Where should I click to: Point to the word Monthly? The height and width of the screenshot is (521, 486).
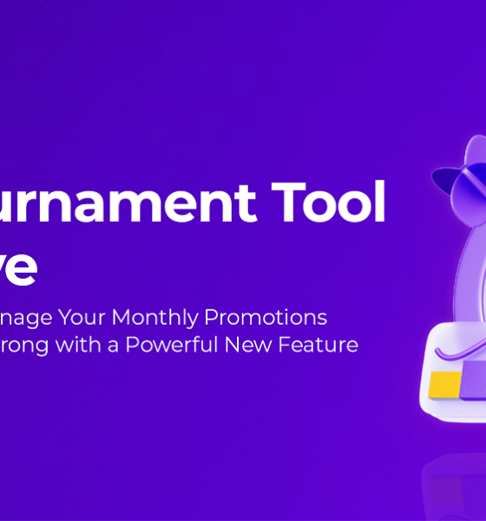tap(158, 318)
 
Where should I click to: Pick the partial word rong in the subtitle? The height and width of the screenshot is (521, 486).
tap(25, 346)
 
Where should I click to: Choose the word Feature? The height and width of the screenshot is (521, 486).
tap(319, 345)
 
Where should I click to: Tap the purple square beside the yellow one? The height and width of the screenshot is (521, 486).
tap(474, 382)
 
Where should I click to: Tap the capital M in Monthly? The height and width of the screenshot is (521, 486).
tap(121, 317)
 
